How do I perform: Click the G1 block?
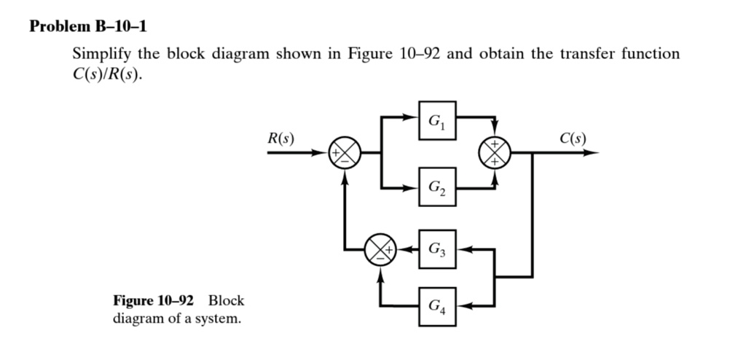tap(437, 120)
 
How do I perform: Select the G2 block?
tap(437, 189)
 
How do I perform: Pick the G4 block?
tap(437, 305)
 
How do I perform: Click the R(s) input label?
tap(280, 138)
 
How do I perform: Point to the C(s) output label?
tap(573, 138)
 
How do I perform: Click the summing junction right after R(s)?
tap(344, 154)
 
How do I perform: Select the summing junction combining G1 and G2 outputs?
tap(495, 154)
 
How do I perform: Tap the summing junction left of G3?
tap(380, 249)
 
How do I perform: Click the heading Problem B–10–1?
tap(88, 27)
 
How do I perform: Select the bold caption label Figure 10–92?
tap(153, 300)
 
